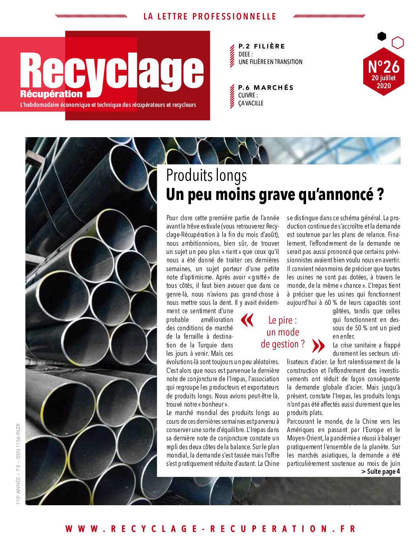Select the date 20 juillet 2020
pos(383,81)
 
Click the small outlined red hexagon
pos(397,43)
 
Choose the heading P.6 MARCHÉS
pos(266,87)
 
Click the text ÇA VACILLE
pos(251,103)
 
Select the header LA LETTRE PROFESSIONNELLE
pos(210,16)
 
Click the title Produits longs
pos(206,175)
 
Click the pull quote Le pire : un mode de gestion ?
pos(283,332)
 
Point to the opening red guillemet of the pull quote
pos(247,320)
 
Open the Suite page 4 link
pos(381,471)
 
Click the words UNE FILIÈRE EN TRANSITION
pos(270,62)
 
